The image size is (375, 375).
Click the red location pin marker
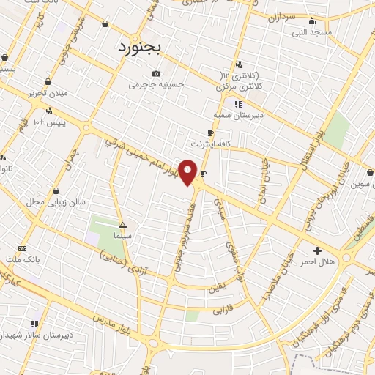tap(188, 172)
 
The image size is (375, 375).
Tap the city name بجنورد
tap(143, 47)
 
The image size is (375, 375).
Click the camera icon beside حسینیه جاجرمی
tap(156, 73)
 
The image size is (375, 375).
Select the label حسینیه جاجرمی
tap(155, 84)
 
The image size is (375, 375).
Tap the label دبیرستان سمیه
tap(238, 115)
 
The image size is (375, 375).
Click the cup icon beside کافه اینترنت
tap(211, 133)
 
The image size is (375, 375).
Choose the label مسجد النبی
tap(312, 32)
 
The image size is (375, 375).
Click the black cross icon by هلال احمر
tap(317, 250)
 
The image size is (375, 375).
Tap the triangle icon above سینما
tap(122, 225)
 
